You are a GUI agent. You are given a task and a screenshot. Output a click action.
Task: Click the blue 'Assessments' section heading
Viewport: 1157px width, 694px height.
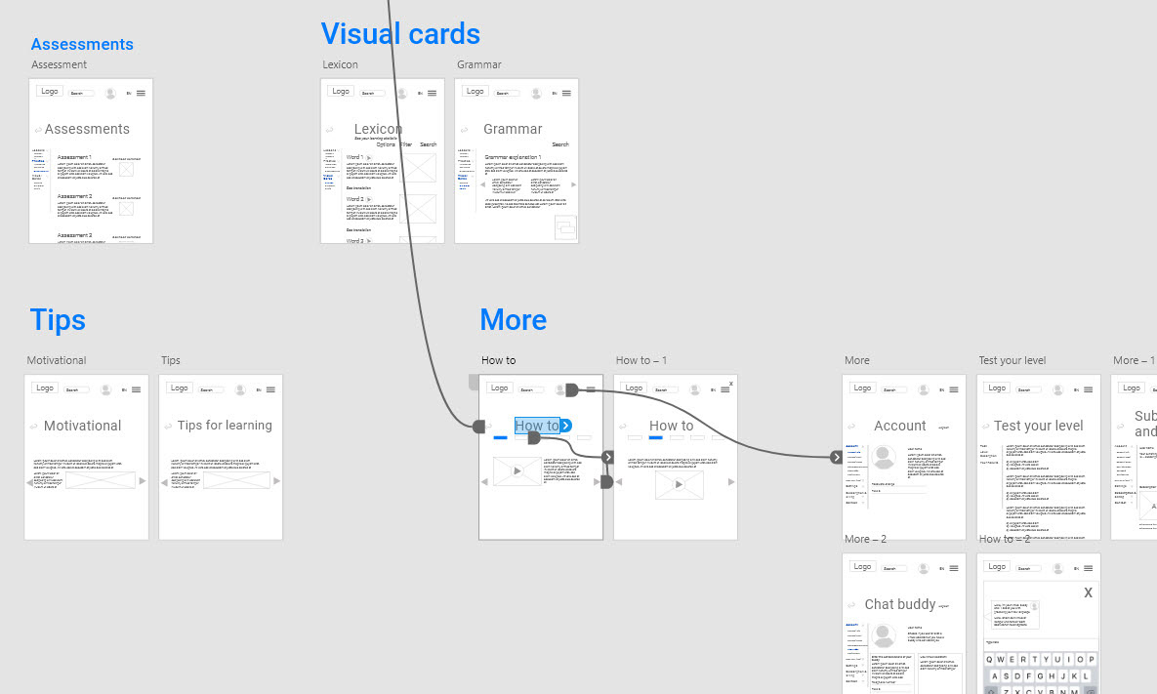(82, 44)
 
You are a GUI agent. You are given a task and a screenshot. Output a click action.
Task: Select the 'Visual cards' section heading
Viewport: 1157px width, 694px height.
(400, 34)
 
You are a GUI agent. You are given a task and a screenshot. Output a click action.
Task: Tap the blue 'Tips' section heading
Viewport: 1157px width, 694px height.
(58, 320)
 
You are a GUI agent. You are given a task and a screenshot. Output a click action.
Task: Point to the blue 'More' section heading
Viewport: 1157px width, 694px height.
(513, 320)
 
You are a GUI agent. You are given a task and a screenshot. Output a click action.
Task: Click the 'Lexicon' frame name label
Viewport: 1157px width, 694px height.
(340, 64)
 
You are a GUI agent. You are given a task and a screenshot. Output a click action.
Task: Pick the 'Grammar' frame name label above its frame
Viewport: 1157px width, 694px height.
(478, 64)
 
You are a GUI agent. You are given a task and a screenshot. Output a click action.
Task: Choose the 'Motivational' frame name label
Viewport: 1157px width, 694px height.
(57, 360)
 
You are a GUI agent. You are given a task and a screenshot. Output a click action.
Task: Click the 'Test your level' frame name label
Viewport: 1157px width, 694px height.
(1012, 360)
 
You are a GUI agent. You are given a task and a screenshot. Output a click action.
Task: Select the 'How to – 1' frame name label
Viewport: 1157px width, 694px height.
(640, 360)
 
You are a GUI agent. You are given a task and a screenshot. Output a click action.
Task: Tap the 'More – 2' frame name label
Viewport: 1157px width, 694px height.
(865, 539)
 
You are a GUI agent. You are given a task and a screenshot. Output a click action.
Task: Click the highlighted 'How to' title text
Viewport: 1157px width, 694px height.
(536, 426)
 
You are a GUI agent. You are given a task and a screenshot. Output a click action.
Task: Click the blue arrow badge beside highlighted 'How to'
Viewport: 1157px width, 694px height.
(565, 425)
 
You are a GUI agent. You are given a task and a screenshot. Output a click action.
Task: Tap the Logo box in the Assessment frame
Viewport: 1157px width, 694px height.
(49, 91)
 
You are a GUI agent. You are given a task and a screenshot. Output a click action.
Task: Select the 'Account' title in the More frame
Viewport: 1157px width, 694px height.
(899, 426)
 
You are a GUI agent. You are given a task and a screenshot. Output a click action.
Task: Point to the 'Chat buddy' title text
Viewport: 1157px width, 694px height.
(899, 604)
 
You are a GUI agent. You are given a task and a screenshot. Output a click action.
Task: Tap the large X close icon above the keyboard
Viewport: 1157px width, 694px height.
(1088, 592)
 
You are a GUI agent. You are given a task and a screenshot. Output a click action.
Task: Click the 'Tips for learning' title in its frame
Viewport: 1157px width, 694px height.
(225, 426)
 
